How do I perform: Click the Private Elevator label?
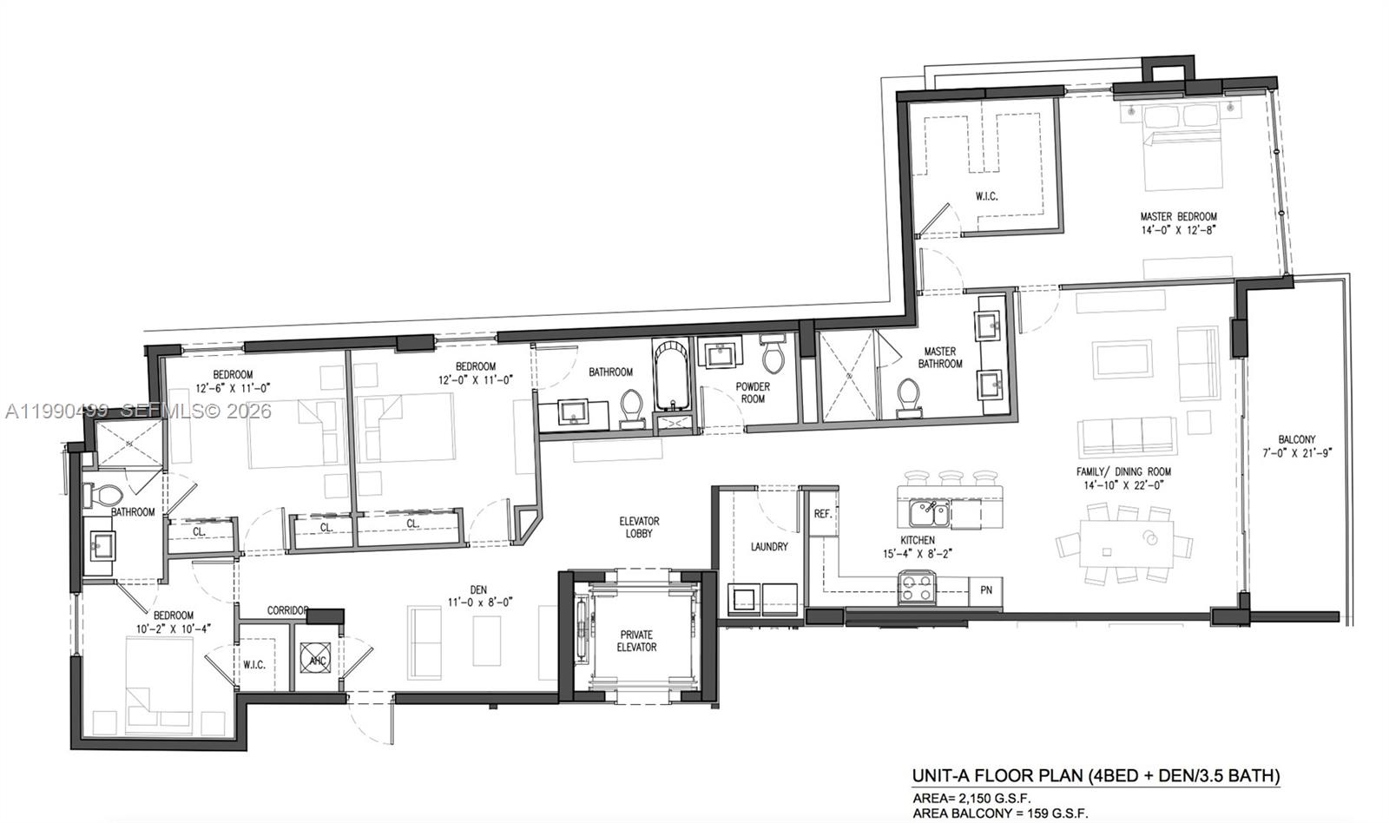[636, 641]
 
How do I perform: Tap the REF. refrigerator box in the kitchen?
[823, 514]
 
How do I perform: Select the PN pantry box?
[986, 590]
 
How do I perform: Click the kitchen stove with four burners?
[917, 588]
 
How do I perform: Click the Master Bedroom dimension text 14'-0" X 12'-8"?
[1178, 230]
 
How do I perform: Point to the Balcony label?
[1296, 439]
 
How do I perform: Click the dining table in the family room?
[1115, 549]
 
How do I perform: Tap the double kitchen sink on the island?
[928, 514]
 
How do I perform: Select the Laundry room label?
[769, 547]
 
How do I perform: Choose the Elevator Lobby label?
[639, 527]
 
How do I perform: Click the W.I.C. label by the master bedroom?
[986, 196]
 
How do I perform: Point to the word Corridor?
[288, 610]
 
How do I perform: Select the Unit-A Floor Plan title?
[1095, 775]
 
